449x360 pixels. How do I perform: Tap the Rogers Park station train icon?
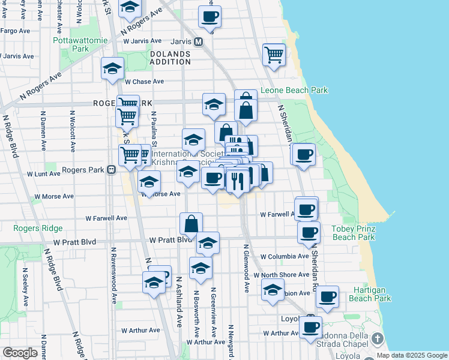pos(111,170)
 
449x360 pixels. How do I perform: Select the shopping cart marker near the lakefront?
pos(274,54)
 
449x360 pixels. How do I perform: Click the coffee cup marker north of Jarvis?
pos(209,17)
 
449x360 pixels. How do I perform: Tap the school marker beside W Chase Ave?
pos(112,69)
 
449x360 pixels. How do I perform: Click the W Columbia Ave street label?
pos(285,257)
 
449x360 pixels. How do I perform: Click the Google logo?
pos(20,353)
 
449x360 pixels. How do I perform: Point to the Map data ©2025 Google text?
pos(412,355)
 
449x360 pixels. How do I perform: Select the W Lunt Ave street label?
pos(44,173)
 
